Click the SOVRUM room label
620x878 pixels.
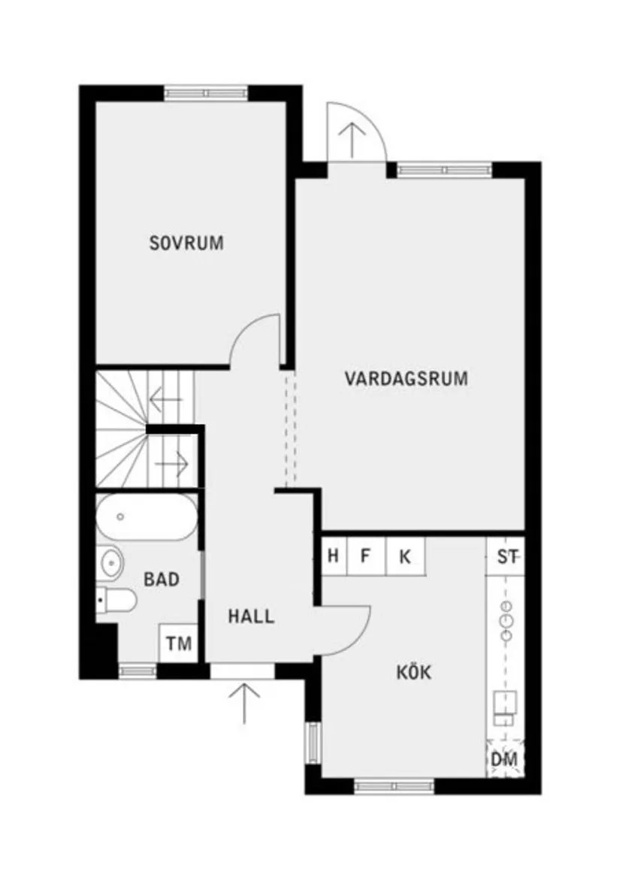[x=186, y=244]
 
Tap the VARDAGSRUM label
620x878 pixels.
[x=406, y=377]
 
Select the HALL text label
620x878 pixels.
[x=251, y=616]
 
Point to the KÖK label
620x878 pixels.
[x=414, y=672]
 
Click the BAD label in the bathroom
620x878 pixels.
[x=162, y=580]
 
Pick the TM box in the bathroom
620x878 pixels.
[x=179, y=644]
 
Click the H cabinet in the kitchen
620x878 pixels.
[x=333, y=557]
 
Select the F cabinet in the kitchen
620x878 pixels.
[x=366, y=557]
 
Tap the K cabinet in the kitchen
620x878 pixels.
[x=405, y=557]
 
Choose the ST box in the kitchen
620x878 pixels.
[x=506, y=557]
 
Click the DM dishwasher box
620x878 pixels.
[x=505, y=761]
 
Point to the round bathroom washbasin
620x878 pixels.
[x=111, y=562]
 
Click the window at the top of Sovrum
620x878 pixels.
[x=206, y=93]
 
